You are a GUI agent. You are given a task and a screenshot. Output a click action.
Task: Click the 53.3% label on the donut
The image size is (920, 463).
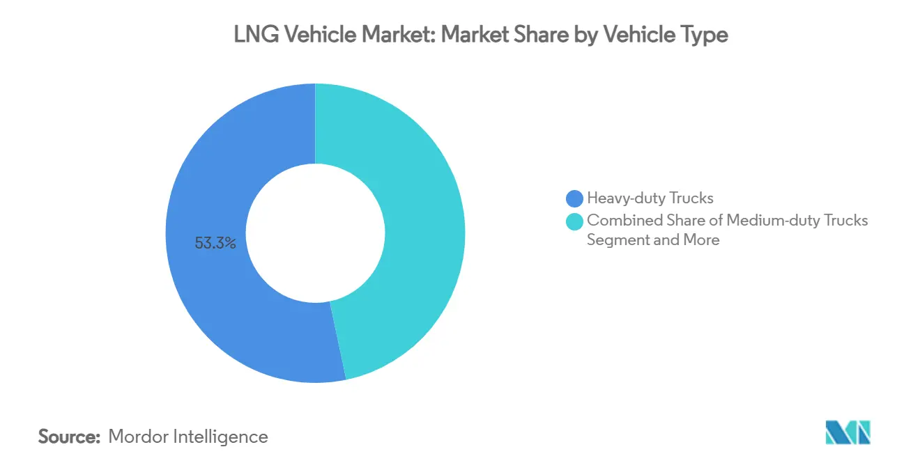coord(215,244)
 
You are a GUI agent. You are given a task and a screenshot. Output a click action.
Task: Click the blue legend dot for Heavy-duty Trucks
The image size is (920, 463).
coord(575,198)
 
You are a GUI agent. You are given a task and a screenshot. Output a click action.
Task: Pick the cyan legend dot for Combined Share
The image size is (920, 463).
coord(575,221)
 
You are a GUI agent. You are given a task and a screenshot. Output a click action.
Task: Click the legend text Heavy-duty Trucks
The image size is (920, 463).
coord(650,198)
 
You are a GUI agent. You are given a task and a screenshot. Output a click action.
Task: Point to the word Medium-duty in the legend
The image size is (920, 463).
coord(771,221)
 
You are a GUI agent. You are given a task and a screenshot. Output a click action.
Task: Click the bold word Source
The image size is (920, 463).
coord(70,437)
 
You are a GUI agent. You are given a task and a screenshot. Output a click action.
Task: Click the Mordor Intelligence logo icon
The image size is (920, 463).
coord(848,432)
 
